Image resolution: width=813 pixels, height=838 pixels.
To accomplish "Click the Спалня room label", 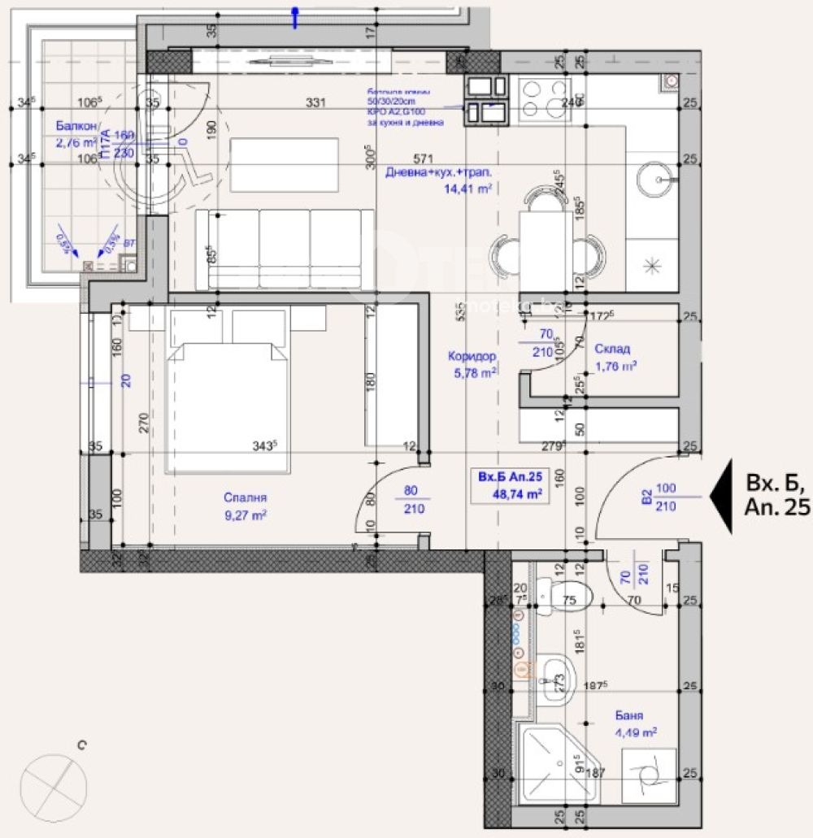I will click(246, 498).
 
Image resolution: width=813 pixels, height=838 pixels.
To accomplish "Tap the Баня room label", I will click(628, 716).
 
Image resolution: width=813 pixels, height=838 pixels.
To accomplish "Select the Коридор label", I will click(472, 356).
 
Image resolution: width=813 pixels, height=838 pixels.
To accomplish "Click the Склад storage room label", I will click(611, 349).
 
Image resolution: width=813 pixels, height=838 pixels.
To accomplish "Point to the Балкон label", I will click(76, 126).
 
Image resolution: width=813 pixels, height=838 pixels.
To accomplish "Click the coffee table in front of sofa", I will click(285, 165).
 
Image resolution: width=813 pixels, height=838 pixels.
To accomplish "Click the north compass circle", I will click(55, 788).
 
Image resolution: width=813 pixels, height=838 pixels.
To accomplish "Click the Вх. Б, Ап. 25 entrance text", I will click(776, 497).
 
